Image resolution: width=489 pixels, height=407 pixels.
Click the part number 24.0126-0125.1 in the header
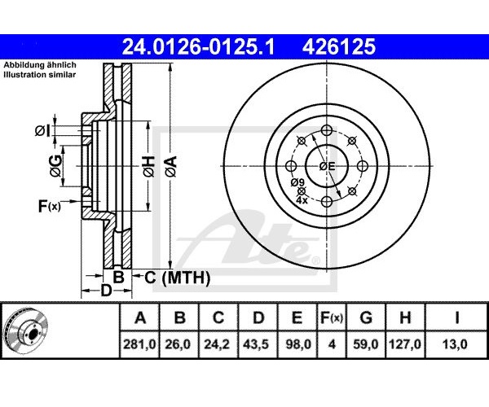point(198,46)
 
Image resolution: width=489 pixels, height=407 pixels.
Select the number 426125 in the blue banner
point(339,46)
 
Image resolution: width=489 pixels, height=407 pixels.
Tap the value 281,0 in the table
point(139,344)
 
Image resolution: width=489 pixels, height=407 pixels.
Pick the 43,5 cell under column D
point(258,344)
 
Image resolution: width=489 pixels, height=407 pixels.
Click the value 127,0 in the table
point(405,344)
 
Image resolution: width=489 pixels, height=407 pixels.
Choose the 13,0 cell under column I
point(456,344)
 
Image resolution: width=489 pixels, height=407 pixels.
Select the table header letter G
point(366,317)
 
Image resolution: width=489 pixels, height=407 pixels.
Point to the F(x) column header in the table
point(332,317)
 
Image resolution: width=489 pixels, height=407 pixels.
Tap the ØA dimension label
point(171,167)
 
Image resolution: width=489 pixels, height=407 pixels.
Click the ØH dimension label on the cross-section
point(149,167)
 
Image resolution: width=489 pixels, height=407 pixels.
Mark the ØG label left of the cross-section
point(56,166)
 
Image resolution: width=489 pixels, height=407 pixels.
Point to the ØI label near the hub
point(42,131)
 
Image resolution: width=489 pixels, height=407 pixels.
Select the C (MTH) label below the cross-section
point(177,278)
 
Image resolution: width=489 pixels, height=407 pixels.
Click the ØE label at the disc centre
point(327,167)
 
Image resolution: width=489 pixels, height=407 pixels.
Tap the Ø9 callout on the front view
point(297,182)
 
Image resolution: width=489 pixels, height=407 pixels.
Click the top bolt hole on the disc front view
point(327,130)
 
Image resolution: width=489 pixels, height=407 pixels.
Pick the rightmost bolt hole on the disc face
point(363,166)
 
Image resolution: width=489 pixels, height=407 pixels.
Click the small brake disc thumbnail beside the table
point(27,330)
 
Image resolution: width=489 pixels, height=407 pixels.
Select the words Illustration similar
point(40,75)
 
